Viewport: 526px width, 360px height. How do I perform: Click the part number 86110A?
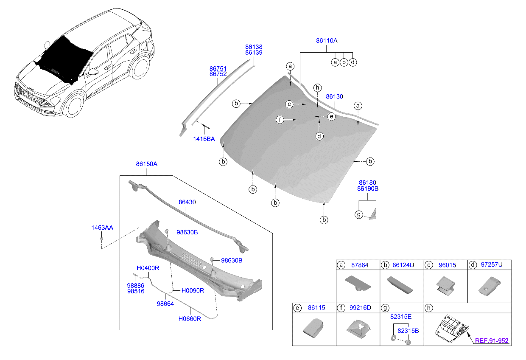(326, 41)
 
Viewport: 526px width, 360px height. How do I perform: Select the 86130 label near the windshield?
(334, 96)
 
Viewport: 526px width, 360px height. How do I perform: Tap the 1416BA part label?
(204, 139)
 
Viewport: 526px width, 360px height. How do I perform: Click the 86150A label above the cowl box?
(146, 164)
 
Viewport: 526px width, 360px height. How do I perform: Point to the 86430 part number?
(187, 202)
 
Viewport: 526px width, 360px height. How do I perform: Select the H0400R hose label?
(148, 268)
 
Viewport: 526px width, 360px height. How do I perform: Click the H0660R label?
(190, 319)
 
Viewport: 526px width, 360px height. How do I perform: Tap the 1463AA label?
(102, 228)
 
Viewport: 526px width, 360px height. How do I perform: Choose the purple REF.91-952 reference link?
(492, 341)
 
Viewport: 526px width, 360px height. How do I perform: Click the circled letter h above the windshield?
(317, 88)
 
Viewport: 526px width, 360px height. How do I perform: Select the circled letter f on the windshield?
(280, 120)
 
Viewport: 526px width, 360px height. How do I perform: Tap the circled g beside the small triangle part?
(358, 214)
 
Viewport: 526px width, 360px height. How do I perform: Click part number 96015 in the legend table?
(448, 265)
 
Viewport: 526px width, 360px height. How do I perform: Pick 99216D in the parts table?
(360, 308)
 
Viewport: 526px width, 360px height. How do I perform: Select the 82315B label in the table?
(408, 331)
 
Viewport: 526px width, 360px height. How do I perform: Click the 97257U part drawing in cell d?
(490, 286)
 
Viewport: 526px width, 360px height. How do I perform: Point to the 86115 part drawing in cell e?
(313, 328)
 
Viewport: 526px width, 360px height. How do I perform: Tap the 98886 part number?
(135, 286)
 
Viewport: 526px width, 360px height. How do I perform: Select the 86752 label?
(218, 74)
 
